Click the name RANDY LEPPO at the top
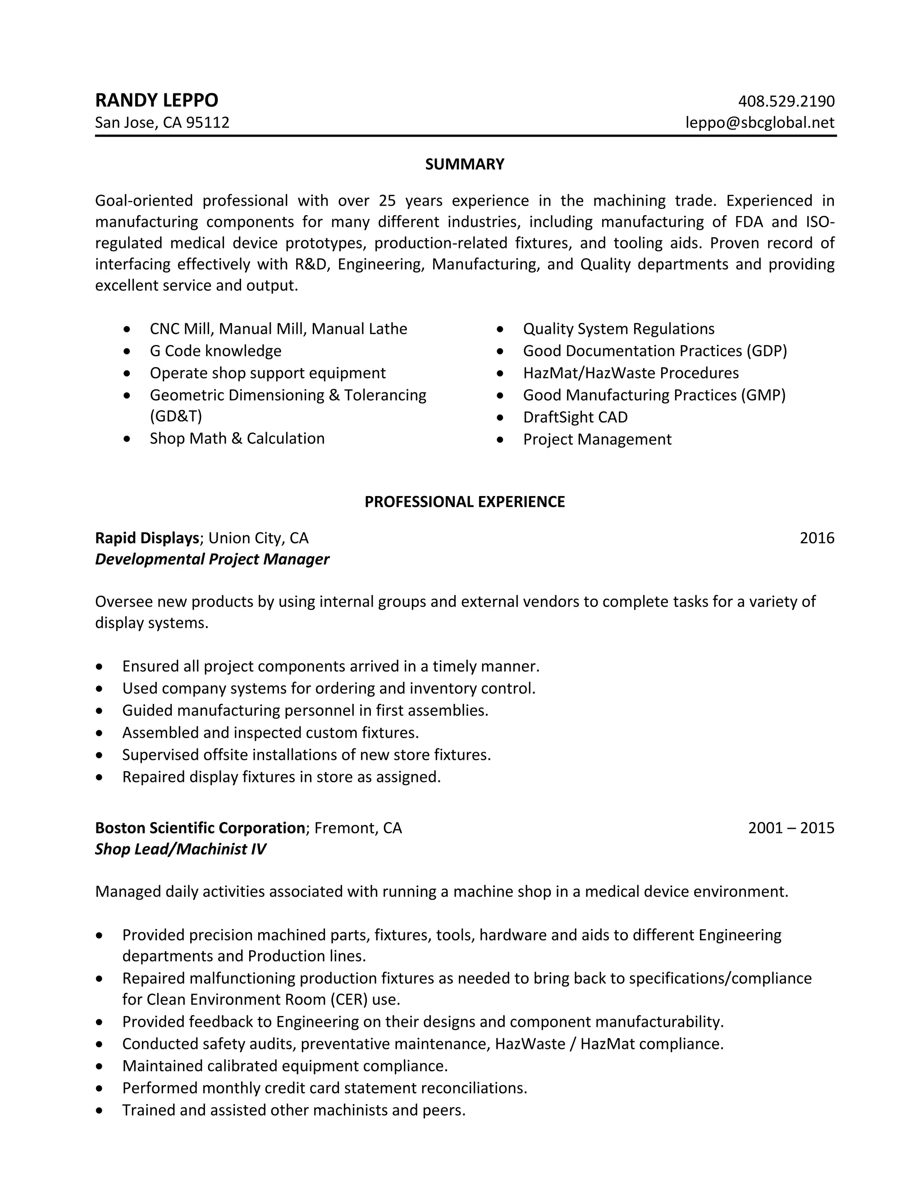coord(156,101)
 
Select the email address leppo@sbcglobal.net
coord(759,123)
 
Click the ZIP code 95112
coord(208,123)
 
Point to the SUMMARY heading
coord(464,164)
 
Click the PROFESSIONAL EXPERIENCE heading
coord(464,502)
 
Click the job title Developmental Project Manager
coord(212,559)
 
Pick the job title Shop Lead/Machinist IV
coord(180,849)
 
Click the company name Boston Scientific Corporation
coord(200,828)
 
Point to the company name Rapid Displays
coord(146,538)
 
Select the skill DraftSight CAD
coord(575,418)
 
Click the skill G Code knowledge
coord(215,351)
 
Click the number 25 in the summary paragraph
coord(387,201)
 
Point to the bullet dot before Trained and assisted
coord(99,1110)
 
